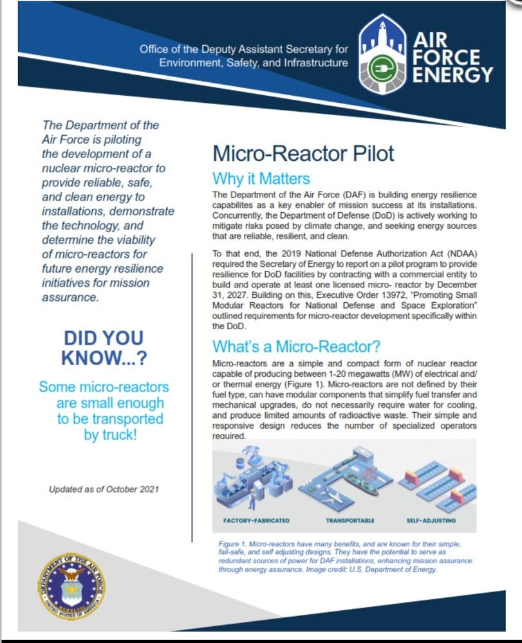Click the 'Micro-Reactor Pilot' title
[303, 154]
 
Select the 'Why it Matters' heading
[261, 179]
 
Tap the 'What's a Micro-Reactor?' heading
[297, 347]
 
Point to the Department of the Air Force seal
[71, 587]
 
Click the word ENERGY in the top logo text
[452, 75]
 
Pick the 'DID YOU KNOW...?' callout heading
[103, 348]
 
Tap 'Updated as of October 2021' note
[104, 489]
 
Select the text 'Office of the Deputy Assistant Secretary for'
[243, 50]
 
